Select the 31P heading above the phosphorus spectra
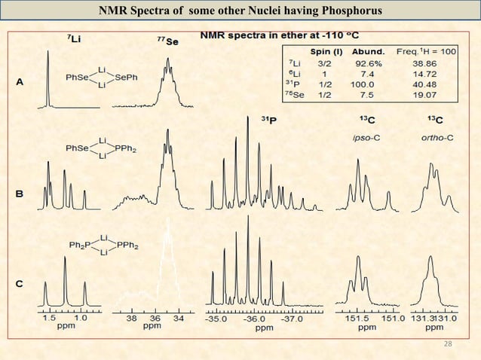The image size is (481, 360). click(x=269, y=121)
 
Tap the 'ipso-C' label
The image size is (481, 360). click(x=363, y=137)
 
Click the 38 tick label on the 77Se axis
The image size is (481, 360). click(x=130, y=319)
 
